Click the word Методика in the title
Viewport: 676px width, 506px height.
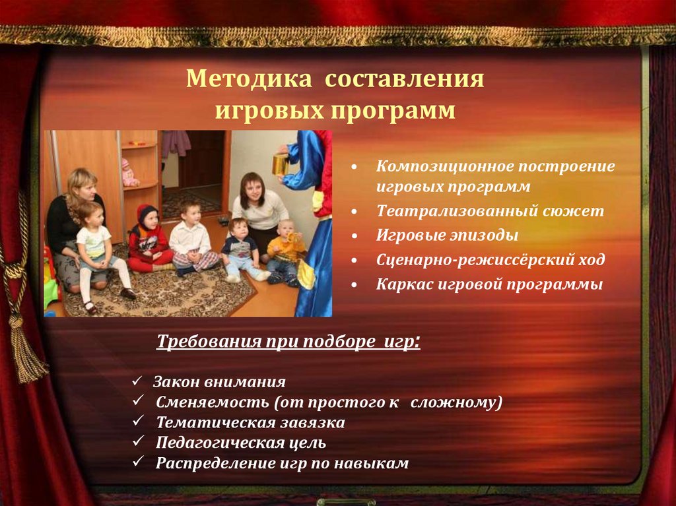coord(249,79)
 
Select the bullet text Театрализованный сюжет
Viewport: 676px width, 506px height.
coord(490,210)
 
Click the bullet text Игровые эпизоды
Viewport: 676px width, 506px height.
coord(447,236)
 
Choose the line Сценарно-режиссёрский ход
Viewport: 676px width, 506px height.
coord(490,260)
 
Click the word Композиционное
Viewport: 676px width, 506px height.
coord(444,166)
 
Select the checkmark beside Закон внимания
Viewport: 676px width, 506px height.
coord(137,381)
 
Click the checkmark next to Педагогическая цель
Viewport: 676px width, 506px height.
coord(138,441)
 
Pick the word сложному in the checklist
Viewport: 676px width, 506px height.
coord(456,402)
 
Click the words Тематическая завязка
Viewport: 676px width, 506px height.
coord(250,422)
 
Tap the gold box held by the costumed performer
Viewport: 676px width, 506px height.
coord(281,164)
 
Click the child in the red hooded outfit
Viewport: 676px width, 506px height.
coord(149,238)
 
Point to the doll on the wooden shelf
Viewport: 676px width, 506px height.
coord(129,172)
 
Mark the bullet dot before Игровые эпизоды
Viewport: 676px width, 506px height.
coord(354,236)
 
